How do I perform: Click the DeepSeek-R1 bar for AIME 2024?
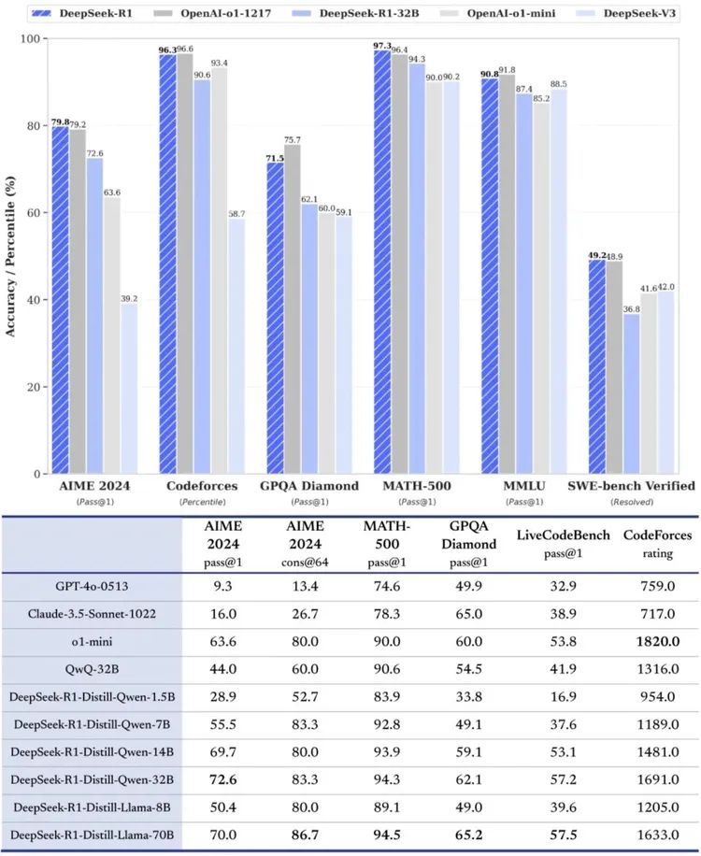60,299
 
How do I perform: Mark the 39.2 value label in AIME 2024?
129,298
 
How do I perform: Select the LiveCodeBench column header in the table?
563,542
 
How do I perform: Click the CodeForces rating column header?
657,542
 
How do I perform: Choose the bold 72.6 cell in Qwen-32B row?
222,781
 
